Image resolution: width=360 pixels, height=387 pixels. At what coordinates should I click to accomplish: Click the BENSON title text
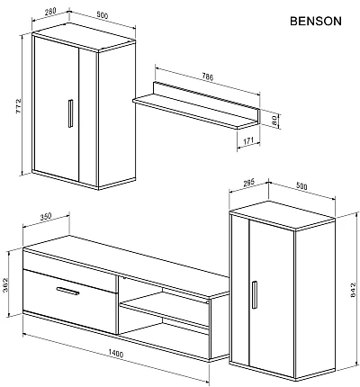[x=314, y=22]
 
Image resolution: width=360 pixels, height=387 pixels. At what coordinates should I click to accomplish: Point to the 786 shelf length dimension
[x=209, y=77]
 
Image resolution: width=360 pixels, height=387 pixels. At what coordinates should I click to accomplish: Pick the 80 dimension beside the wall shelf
[x=274, y=120]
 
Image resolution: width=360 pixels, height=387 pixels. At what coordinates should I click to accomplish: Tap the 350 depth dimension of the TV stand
[x=49, y=219]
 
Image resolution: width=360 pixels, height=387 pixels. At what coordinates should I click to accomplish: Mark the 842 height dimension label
[x=351, y=292]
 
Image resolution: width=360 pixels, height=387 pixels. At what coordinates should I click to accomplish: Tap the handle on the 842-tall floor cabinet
[x=256, y=294]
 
